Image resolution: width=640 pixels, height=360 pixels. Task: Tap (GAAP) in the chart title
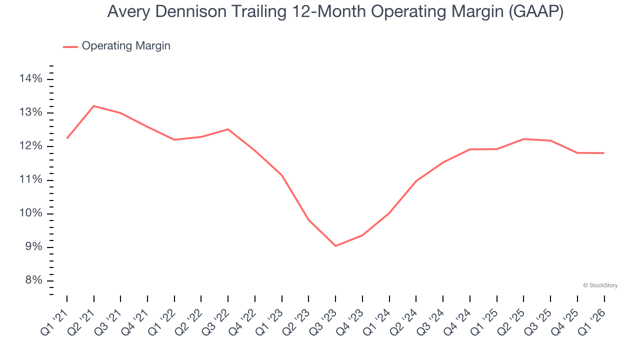(535, 12)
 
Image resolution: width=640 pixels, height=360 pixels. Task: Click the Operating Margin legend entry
(125, 46)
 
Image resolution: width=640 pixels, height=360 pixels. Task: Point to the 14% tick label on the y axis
(30, 79)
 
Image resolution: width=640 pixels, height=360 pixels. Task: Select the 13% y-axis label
(30, 112)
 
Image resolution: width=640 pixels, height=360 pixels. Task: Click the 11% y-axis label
(30, 180)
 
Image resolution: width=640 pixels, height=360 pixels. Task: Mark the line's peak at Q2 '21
(94, 106)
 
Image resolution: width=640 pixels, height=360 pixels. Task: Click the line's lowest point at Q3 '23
(335, 246)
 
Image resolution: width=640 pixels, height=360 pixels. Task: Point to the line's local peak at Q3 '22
(228, 129)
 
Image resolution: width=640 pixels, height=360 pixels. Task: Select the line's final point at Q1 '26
(604, 153)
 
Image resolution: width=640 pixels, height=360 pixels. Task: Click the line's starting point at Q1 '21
(67, 138)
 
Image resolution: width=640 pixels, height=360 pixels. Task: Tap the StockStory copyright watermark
(600, 285)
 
